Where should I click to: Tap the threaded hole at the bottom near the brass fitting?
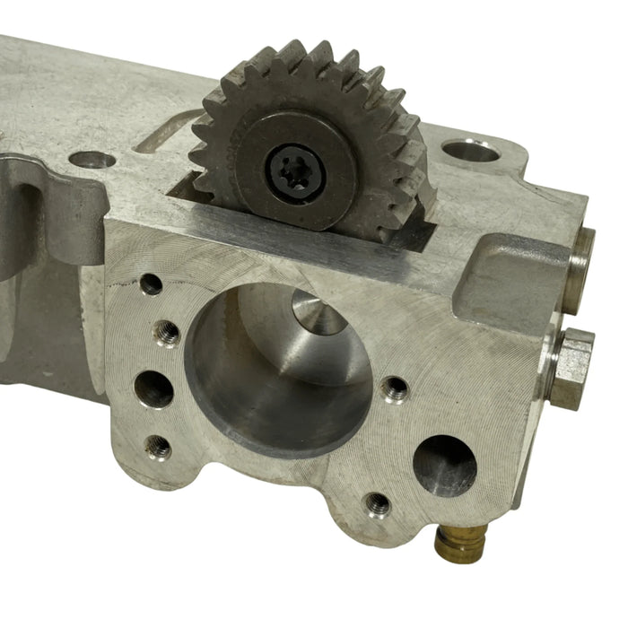(x=378, y=504)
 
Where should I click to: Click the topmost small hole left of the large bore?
(x=152, y=284)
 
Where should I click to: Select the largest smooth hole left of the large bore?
(x=153, y=388)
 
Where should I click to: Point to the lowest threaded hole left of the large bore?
(x=158, y=446)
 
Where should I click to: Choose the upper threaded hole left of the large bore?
(x=166, y=334)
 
